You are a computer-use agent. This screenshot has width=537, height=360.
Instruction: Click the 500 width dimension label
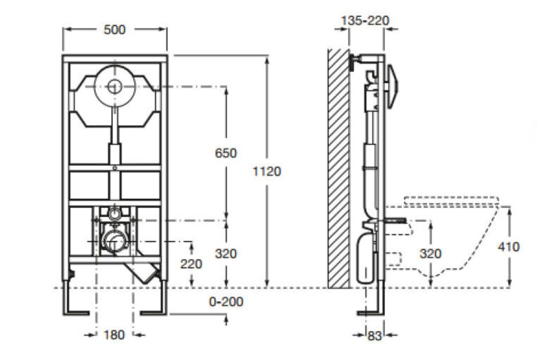(114, 30)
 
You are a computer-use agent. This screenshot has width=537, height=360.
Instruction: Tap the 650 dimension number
(226, 153)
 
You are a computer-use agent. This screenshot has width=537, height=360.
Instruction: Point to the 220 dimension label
(192, 264)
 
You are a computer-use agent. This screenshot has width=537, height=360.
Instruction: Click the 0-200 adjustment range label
(226, 302)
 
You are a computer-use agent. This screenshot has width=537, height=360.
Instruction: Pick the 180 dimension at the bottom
(113, 335)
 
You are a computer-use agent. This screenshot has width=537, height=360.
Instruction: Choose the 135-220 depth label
(365, 21)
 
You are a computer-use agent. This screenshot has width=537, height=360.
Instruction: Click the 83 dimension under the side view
(374, 336)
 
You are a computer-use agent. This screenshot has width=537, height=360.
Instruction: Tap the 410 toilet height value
(509, 247)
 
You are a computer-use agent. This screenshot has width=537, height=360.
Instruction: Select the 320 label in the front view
(226, 253)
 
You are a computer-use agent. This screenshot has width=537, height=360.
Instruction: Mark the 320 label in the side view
(431, 253)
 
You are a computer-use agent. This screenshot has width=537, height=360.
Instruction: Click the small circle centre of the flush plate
(114, 86)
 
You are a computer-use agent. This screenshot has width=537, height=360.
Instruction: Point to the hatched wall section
(338, 166)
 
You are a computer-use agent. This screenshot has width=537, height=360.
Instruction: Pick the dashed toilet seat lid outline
(451, 201)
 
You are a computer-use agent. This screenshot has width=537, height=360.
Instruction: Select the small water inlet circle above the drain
(114, 213)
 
